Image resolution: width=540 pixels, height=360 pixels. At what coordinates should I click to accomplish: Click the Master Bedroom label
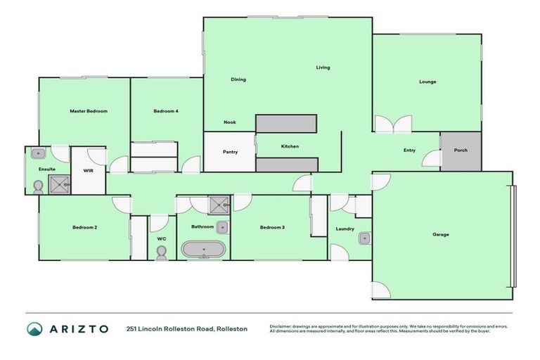click(88, 111)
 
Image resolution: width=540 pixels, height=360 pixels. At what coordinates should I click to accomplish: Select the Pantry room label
click(230, 152)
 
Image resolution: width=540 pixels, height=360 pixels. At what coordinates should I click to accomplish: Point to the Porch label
click(461, 150)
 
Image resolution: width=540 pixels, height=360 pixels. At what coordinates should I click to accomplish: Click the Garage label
click(440, 234)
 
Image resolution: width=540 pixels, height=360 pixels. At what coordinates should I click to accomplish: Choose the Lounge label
click(427, 82)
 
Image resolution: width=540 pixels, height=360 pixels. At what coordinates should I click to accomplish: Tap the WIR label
click(89, 170)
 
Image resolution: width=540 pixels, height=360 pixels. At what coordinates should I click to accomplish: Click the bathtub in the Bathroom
click(204, 249)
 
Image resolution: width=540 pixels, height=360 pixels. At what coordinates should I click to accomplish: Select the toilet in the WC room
click(161, 253)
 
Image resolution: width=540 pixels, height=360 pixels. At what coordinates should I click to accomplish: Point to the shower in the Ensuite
click(60, 185)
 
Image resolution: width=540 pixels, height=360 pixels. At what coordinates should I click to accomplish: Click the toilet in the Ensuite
click(38, 186)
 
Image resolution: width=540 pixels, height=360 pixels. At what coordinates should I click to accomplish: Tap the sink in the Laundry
click(364, 238)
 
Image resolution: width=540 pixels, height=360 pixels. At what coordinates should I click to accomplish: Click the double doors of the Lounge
click(392, 124)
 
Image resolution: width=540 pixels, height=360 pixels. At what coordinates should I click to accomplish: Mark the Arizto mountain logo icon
click(34, 328)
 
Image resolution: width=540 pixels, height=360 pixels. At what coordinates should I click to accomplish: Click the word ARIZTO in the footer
click(78, 328)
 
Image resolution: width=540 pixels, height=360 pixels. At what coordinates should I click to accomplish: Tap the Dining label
click(238, 79)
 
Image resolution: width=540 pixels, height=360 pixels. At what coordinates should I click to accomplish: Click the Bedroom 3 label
click(272, 227)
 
